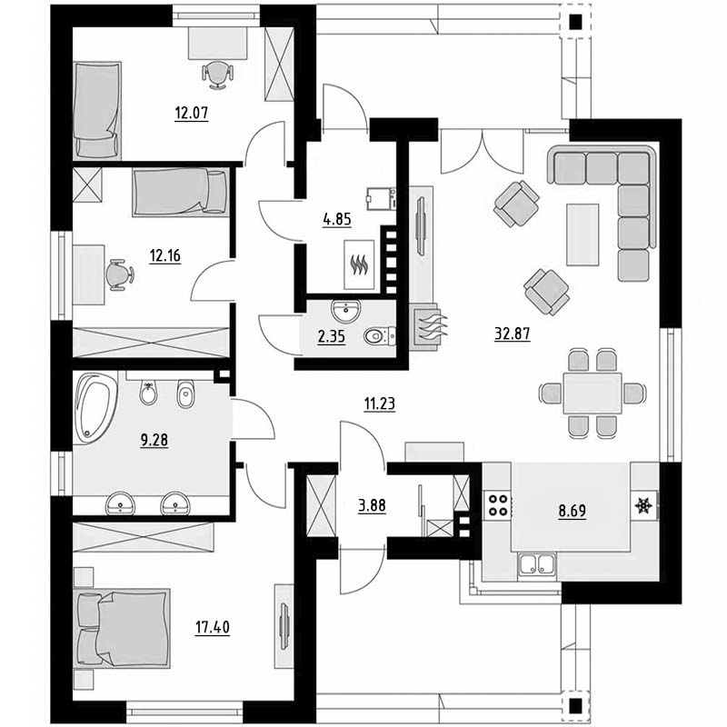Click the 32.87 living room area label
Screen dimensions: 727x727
click(x=512, y=334)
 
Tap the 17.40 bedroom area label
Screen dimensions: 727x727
click(x=213, y=628)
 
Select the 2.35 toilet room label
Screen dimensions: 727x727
click(x=332, y=336)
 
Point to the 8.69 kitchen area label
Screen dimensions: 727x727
click(x=573, y=511)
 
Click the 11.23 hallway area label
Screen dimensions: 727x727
click(x=380, y=403)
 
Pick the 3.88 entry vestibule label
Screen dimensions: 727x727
click(x=372, y=505)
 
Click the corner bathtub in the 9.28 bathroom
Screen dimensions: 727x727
click(x=95, y=408)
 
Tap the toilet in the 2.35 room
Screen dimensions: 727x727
click(x=380, y=336)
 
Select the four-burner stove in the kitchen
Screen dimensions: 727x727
click(x=497, y=505)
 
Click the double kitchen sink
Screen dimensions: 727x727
click(x=537, y=564)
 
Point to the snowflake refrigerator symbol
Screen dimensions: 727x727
click(x=643, y=505)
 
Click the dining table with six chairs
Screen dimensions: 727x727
click(x=593, y=393)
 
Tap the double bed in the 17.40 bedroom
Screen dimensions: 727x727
click(x=122, y=628)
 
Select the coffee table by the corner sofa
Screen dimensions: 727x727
click(x=582, y=234)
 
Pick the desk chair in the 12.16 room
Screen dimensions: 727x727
click(x=120, y=274)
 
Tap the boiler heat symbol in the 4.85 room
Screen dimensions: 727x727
click(x=359, y=264)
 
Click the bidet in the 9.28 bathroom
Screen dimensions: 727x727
click(x=185, y=394)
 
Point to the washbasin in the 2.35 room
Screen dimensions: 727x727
click(x=346, y=310)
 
